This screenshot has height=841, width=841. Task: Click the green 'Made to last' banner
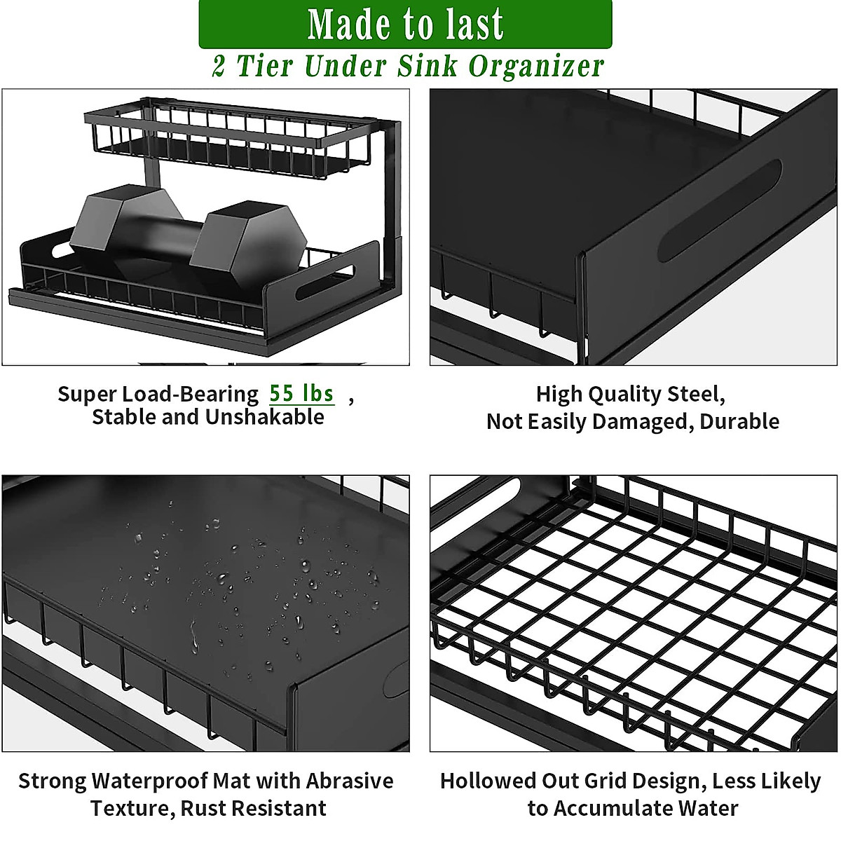(x=405, y=24)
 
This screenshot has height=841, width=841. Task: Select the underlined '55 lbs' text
(x=302, y=393)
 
